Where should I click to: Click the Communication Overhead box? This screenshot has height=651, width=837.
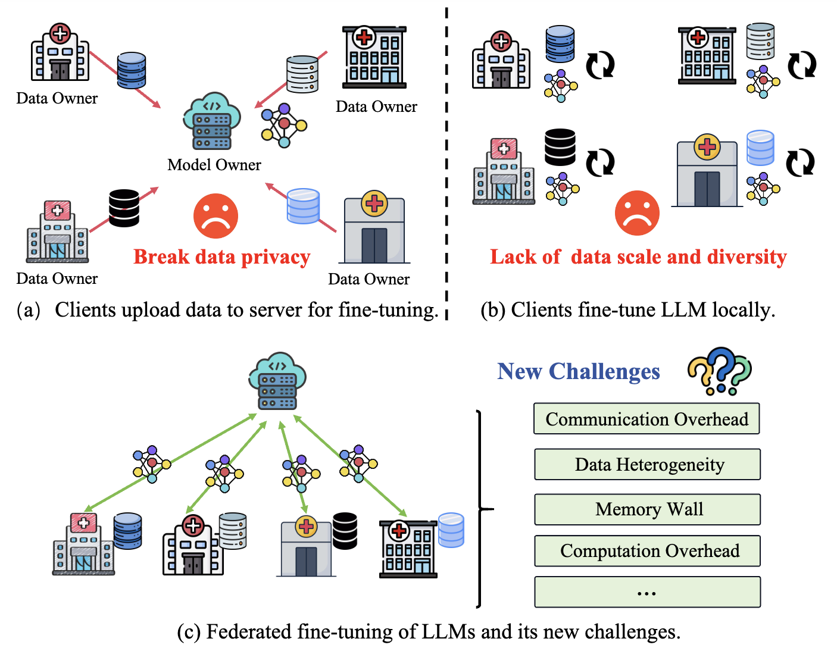click(647, 419)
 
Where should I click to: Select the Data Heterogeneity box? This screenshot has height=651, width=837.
click(647, 464)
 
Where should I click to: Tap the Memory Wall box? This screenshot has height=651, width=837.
click(647, 509)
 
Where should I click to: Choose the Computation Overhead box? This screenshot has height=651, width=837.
click(647, 551)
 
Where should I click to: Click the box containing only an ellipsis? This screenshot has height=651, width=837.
click(647, 592)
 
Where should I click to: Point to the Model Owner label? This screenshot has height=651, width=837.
click(214, 165)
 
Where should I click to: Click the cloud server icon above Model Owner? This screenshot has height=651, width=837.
click(212, 121)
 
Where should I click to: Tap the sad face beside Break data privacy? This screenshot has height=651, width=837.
click(216, 216)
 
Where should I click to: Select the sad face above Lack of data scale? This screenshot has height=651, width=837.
click(637, 213)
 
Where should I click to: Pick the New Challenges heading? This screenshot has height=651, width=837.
click(579, 371)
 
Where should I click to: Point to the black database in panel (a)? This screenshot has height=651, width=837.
click(124, 208)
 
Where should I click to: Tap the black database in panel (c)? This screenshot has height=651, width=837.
click(345, 531)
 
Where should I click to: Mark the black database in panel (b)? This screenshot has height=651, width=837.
click(560, 147)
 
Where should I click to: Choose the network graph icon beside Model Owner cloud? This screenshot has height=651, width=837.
click(284, 126)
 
